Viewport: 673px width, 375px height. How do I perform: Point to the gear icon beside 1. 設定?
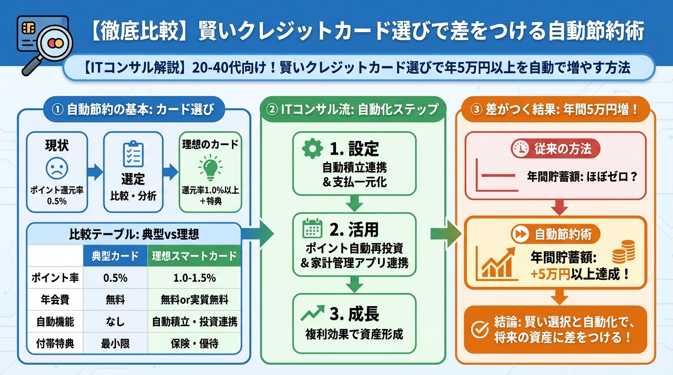[x=313, y=149]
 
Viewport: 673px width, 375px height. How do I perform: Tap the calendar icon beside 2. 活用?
[x=312, y=229]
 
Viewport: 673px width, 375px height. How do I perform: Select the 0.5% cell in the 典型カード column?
[x=115, y=277]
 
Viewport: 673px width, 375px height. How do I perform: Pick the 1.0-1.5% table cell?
[x=194, y=277]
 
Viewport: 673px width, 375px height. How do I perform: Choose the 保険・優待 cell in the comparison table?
[x=194, y=344]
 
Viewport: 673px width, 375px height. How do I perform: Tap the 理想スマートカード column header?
[x=194, y=255]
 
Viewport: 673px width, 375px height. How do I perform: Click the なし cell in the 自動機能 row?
[x=115, y=322]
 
